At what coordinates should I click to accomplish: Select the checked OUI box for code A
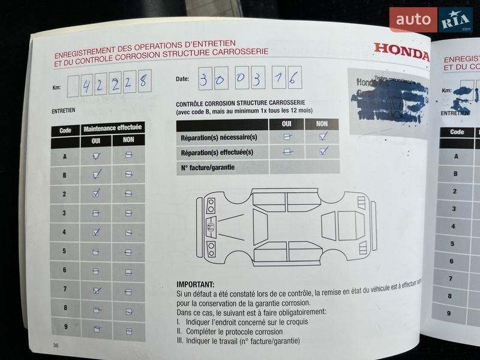(96, 156)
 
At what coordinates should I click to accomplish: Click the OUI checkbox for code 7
(96, 290)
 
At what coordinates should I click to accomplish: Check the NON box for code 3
(128, 213)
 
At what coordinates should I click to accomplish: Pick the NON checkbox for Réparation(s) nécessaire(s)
(322, 137)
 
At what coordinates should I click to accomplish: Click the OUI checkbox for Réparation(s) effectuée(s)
(288, 152)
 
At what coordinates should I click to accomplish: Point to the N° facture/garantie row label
(208, 167)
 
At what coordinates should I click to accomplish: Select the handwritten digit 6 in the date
(293, 78)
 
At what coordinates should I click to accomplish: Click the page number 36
(56, 345)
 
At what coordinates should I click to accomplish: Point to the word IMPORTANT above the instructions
(195, 284)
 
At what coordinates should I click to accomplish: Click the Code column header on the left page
(65, 130)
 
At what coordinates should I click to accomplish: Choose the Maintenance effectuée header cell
(112, 128)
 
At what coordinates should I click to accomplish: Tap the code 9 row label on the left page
(65, 328)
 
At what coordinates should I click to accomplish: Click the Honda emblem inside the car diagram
(211, 227)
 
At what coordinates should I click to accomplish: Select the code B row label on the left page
(65, 175)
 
